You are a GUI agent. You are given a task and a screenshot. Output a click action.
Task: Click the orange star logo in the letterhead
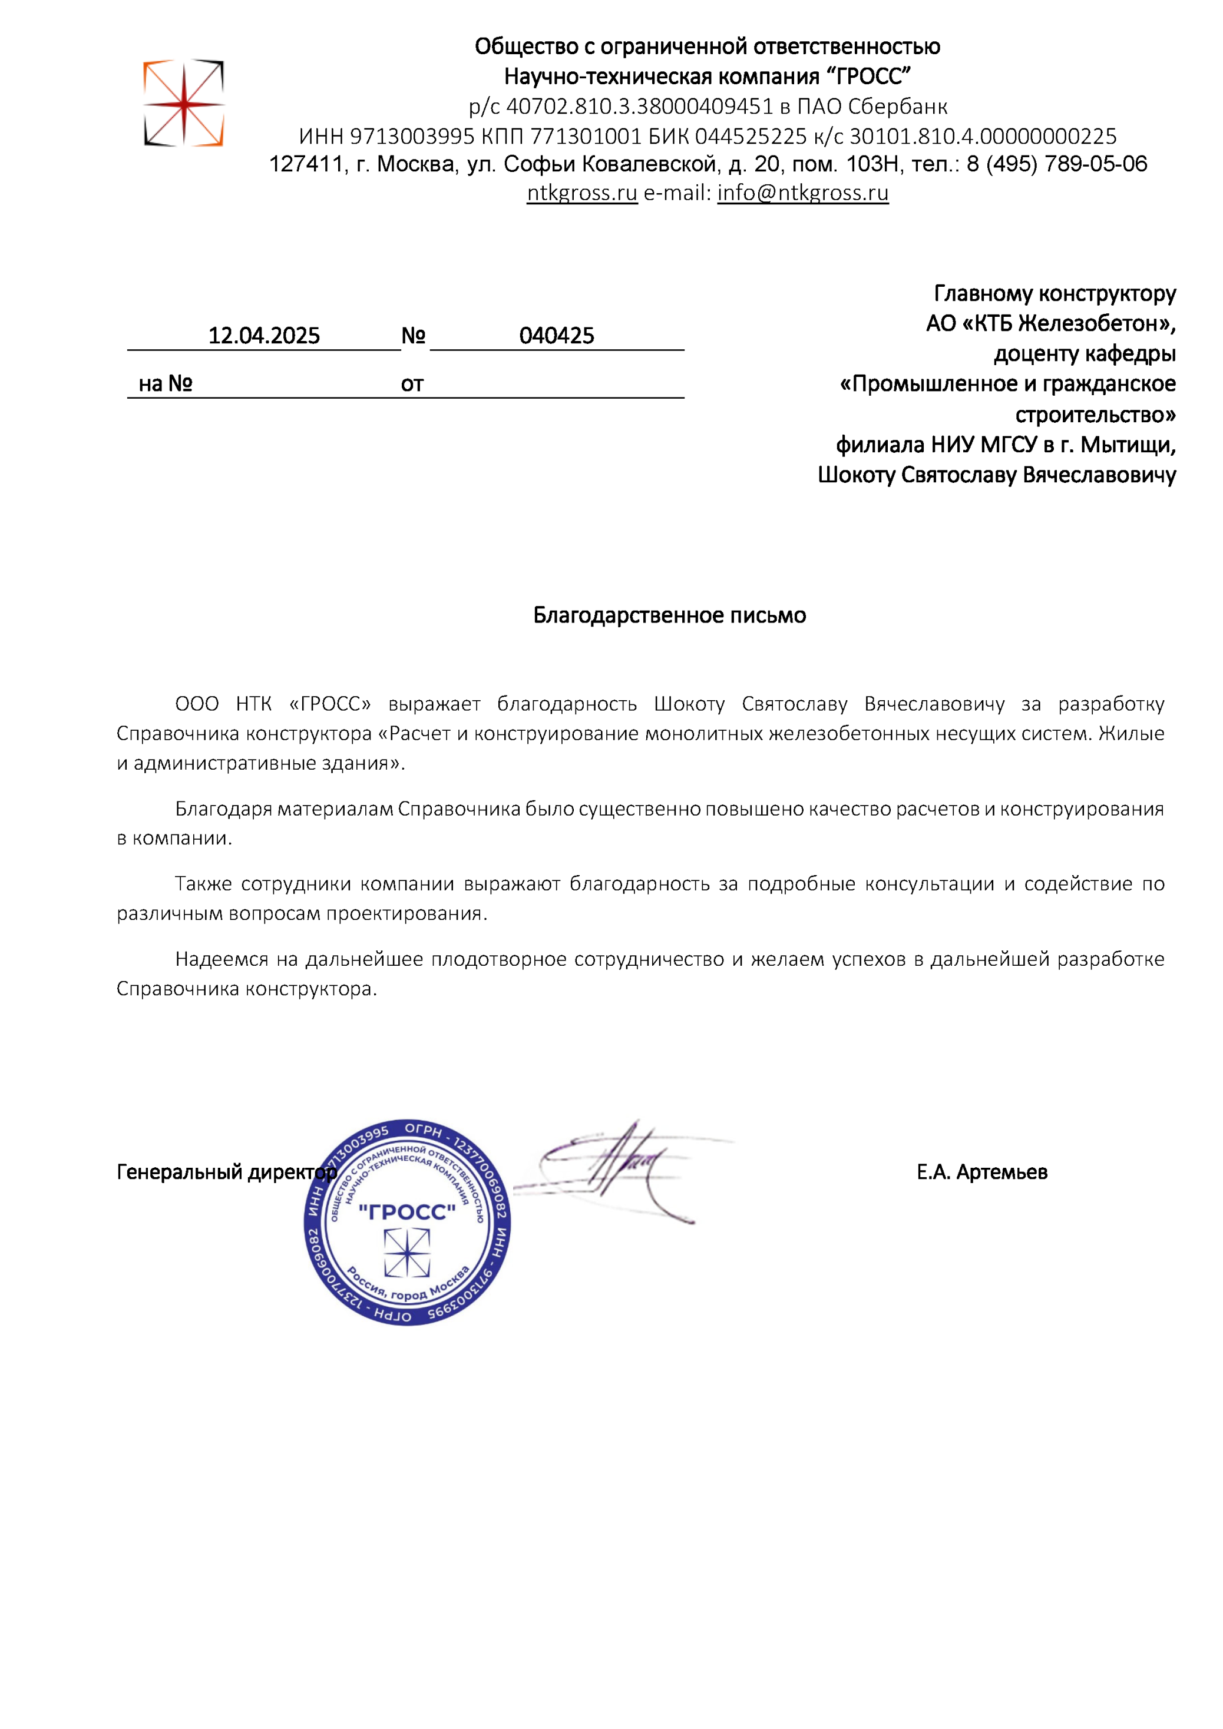[x=184, y=103]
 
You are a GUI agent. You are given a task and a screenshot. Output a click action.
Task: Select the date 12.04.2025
[x=264, y=335]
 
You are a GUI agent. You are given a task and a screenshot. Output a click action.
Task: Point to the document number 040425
[x=556, y=335]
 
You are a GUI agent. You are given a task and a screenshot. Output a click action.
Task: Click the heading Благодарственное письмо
[x=669, y=615]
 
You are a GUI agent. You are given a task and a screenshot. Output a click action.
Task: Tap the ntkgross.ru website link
[x=581, y=193]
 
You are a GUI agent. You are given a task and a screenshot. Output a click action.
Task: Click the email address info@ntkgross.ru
[x=802, y=193]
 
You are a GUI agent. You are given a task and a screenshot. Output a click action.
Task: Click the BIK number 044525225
[x=751, y=136]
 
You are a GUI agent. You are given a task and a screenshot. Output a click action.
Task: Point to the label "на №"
[x=165, y=384]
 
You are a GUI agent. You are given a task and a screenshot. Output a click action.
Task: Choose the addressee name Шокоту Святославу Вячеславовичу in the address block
[x=996, y=475]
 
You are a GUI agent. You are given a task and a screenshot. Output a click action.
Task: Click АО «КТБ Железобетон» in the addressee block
[x=1050, y=323]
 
